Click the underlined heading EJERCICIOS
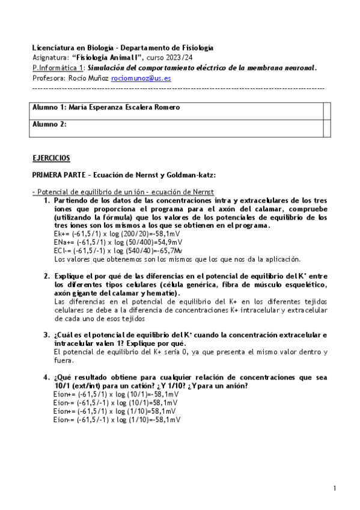coord(51,158)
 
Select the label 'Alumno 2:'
coord(49,124)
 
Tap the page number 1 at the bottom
coord(335,488)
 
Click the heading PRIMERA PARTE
coord(60,174)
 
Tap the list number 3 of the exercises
coord(46,334)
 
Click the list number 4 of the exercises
coord(46,377)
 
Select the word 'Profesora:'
coord(50,78)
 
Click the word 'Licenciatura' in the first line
coord(52,48)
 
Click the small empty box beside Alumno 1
coord(327,108)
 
